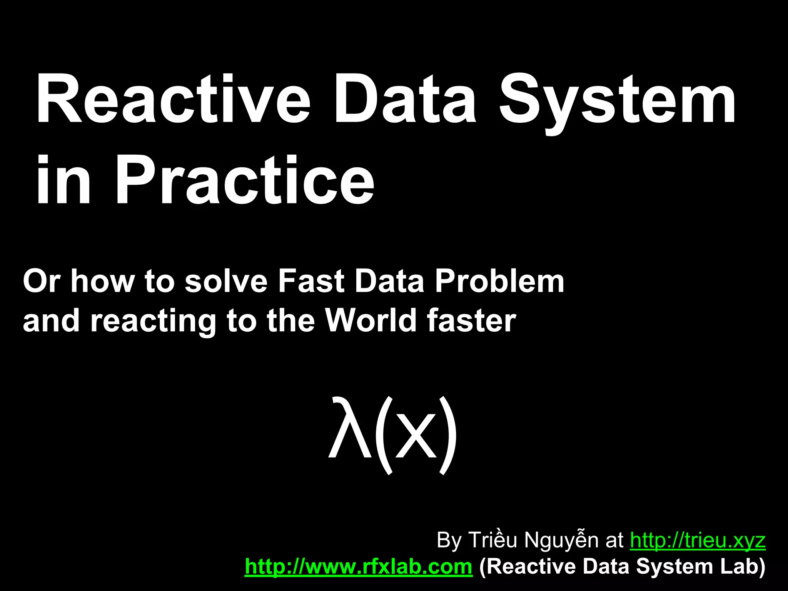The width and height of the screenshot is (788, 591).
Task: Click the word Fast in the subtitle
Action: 311,281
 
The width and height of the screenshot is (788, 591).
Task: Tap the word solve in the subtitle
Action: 226,281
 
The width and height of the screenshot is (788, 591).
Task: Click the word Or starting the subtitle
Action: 42,281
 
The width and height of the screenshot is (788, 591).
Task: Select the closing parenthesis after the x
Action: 448,435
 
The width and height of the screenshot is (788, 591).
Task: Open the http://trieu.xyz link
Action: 698,540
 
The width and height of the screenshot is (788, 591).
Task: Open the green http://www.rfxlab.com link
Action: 358,566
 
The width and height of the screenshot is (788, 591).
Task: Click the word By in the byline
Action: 449,540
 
